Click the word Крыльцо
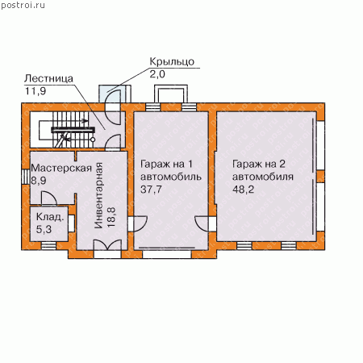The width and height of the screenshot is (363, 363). [172, 62]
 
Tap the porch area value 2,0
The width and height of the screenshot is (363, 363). [157, 74]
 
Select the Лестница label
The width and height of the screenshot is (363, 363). [48, 78]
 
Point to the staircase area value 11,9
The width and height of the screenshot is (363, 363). [35, 91]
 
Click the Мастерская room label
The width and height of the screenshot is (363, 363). [61, 168]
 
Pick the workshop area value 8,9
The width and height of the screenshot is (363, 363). [39, 181]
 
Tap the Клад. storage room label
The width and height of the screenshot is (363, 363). [50, 217]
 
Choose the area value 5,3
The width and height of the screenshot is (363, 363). [44, 229]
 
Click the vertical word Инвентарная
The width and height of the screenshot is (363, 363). [99, 195]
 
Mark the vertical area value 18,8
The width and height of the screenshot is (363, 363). [111, 218]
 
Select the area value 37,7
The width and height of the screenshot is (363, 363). [151, 190]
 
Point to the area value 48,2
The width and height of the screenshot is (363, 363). [243, 190]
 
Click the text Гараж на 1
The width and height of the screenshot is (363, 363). [166, 164]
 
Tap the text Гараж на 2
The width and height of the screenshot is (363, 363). [259, 164]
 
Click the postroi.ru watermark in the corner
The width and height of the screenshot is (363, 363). [23, 6]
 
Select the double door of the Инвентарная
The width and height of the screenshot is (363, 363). [107, 245]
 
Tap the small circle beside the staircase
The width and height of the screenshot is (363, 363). [93, 140]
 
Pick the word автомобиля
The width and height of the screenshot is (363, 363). [263, 177]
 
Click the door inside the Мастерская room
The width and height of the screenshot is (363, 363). [48, 198]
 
